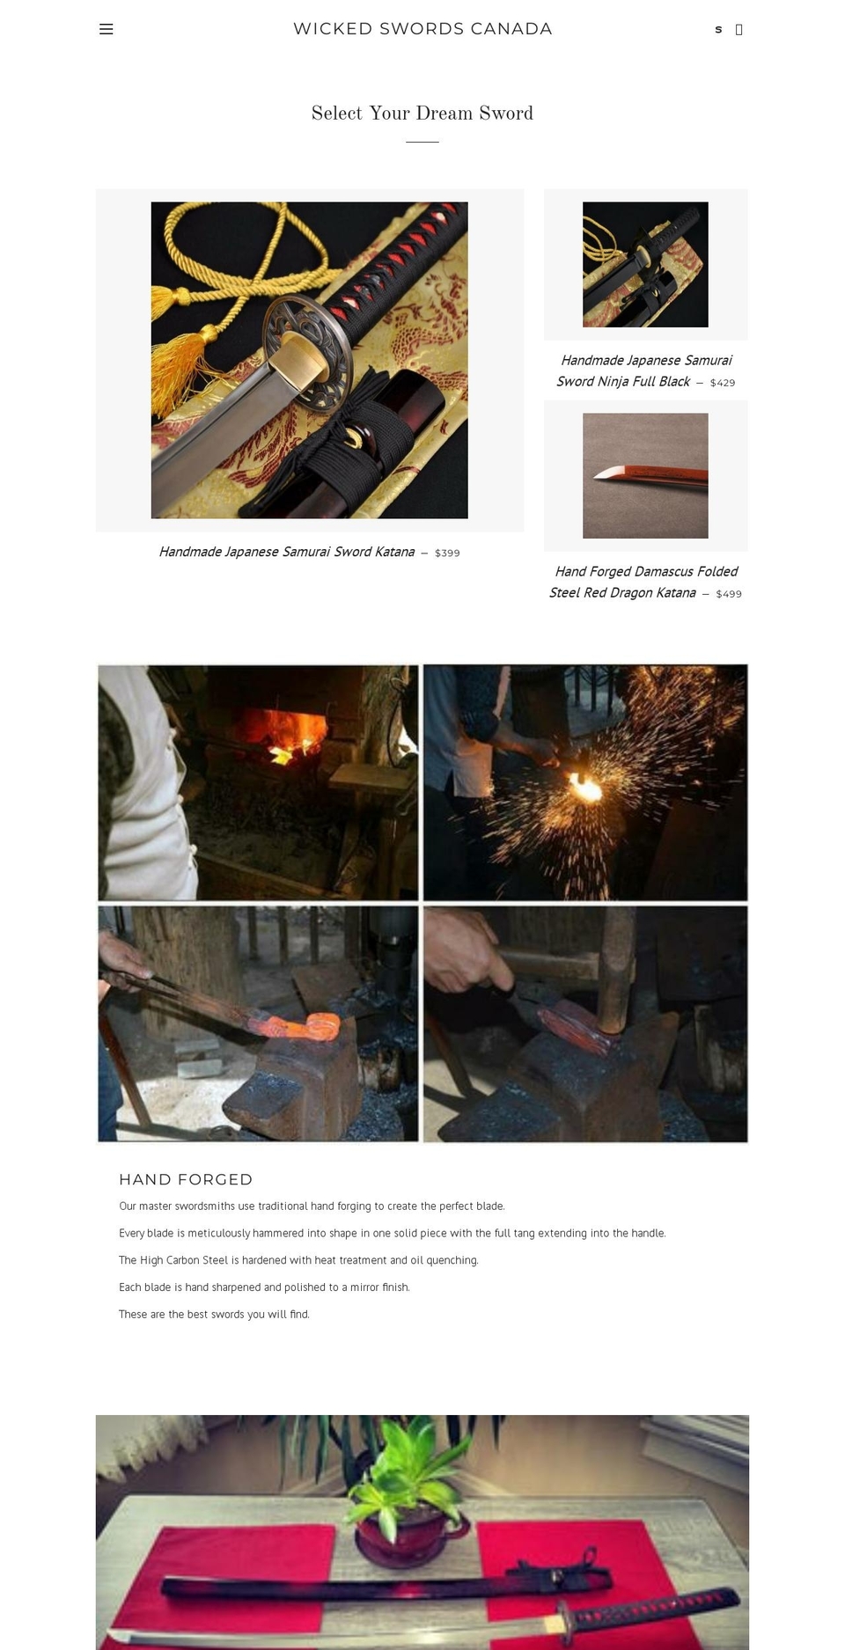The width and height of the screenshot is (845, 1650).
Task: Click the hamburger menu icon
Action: coord(107,29)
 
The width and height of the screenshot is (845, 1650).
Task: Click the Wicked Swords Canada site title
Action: coord(422,29)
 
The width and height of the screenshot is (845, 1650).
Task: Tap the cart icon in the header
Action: coord(738,30)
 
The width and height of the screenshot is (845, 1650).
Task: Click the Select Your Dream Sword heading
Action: coord(422,114)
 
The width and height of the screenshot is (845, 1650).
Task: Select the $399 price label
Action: coord(447,554)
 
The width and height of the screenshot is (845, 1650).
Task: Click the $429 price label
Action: coord(723,383)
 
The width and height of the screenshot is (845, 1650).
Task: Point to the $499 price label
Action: coord(729,594)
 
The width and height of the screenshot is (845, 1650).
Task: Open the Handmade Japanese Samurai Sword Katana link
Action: coord(287,552)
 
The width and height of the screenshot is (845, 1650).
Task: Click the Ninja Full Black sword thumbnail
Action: coord(645,265)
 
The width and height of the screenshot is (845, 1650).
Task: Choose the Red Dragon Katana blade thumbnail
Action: coord(645,476)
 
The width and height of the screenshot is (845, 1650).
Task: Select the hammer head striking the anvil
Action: coord(616,994)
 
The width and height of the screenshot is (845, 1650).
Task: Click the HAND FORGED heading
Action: coord(186,1179)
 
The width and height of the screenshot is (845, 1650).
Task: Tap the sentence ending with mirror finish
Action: coord(264,1287)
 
